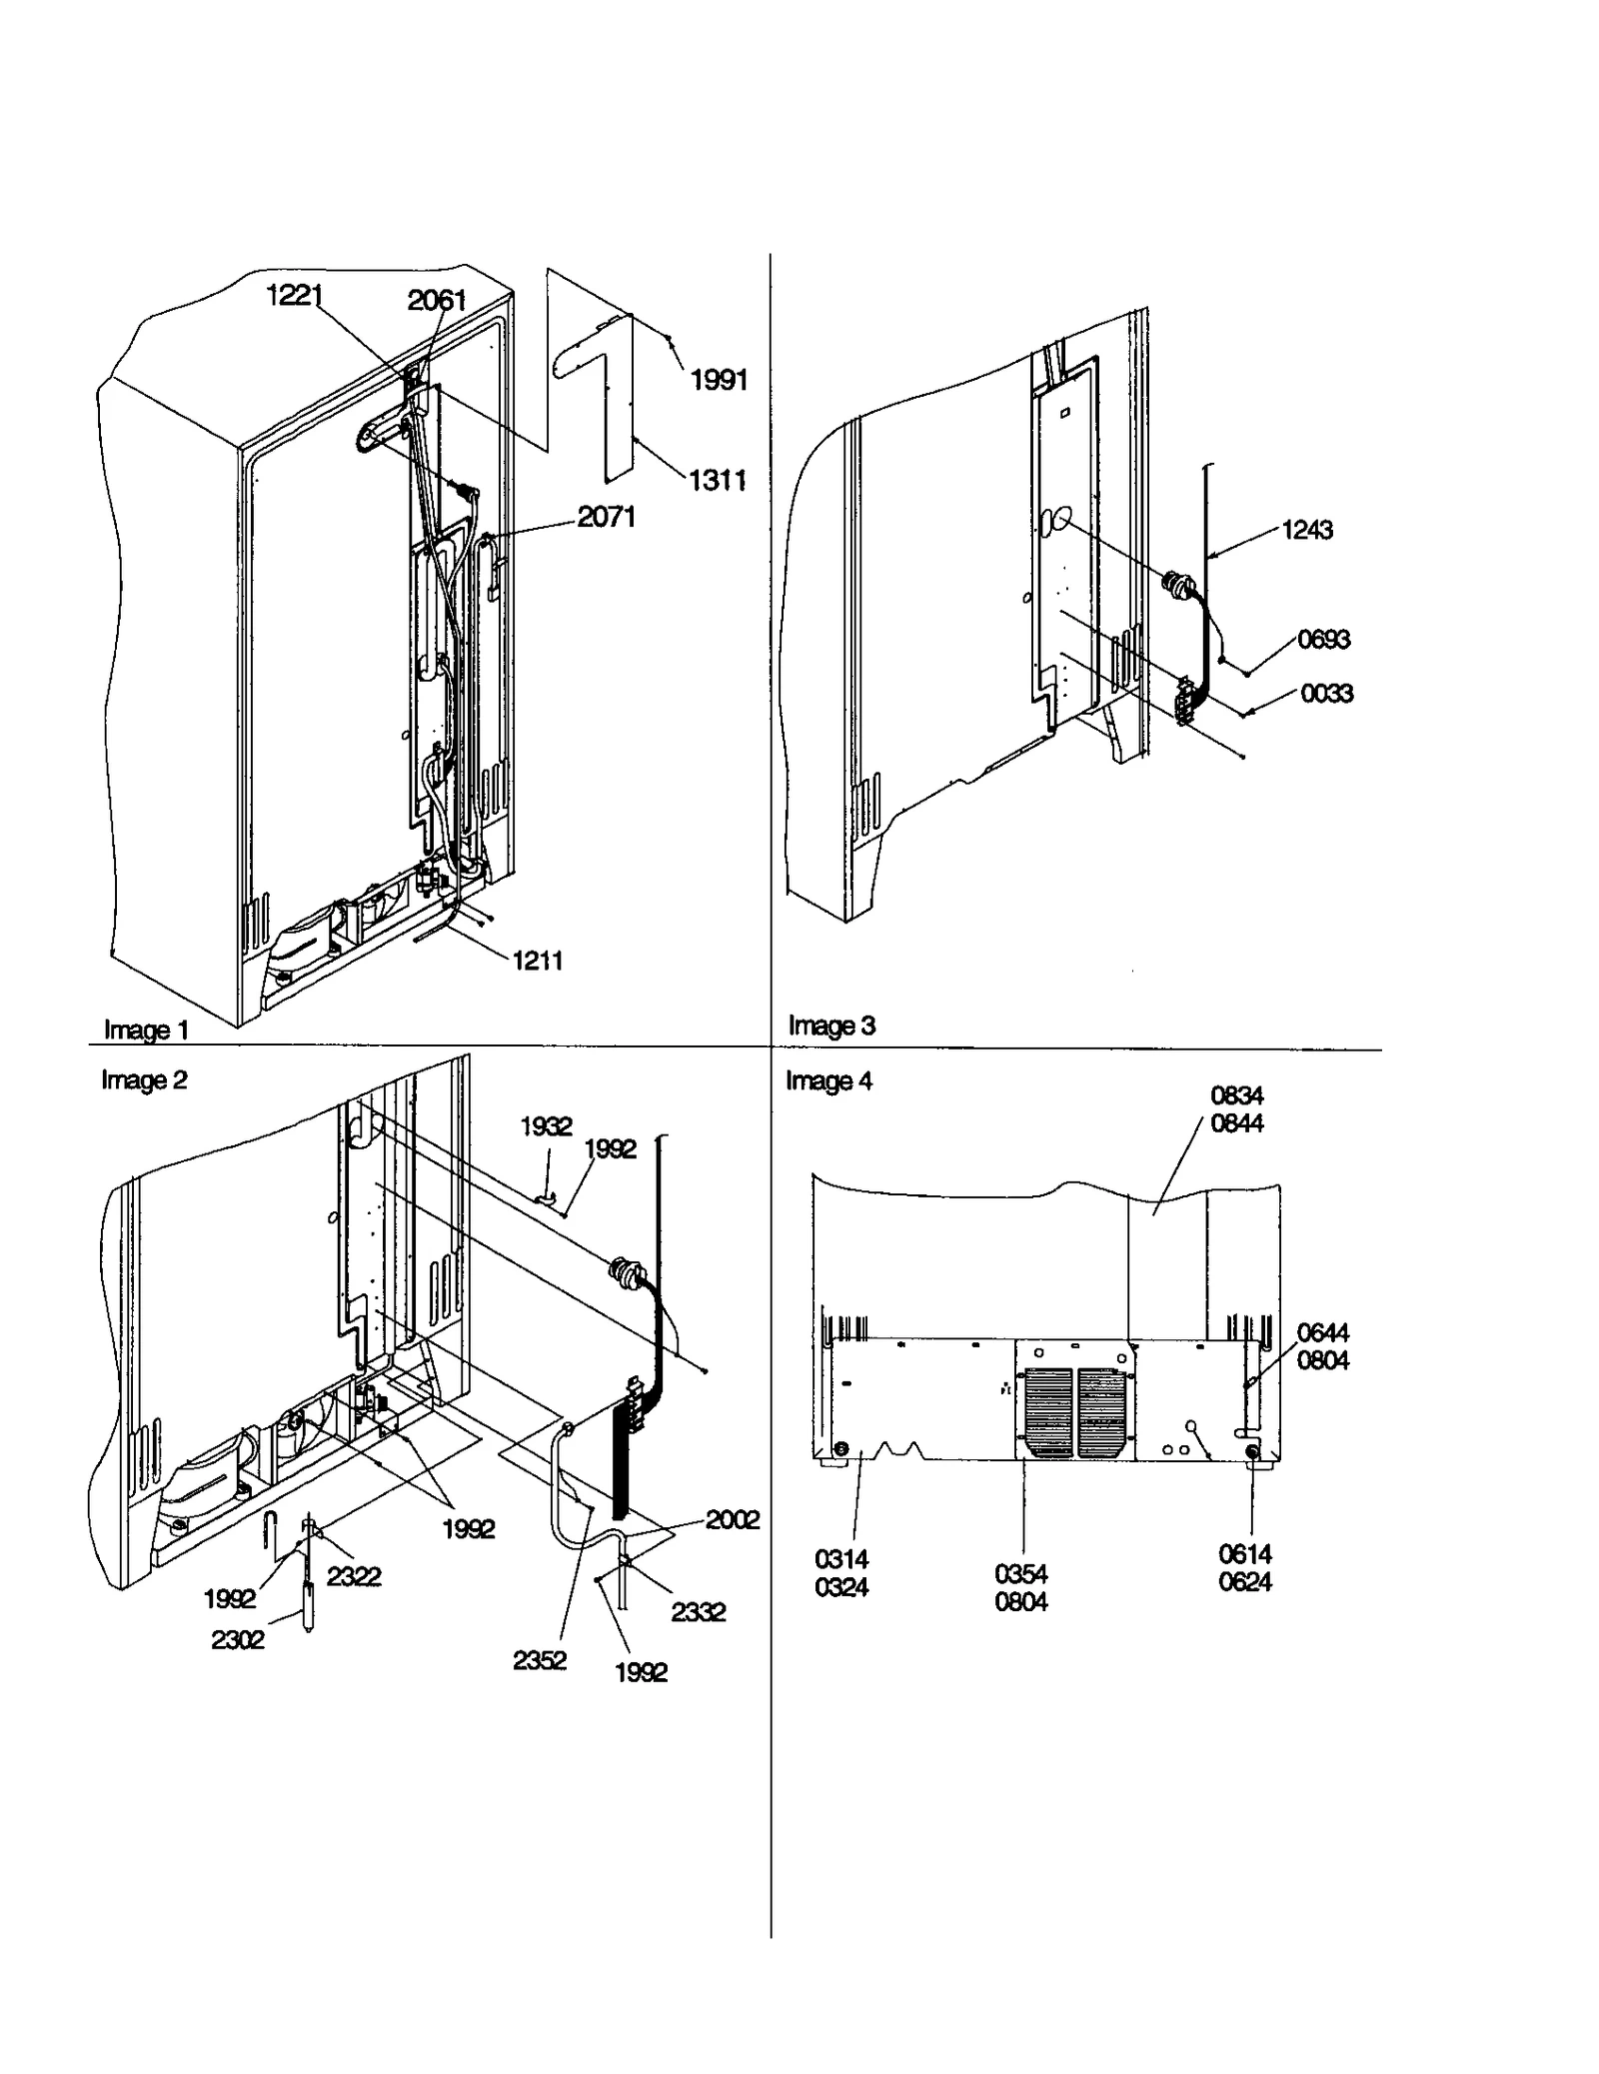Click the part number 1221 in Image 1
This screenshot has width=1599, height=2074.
pos(294,296)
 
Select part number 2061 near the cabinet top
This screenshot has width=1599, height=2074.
pos(437,300)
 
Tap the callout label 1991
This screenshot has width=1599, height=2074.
pos(719,380)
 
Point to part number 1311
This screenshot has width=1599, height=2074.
pos(717,481)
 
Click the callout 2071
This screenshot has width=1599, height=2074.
pos(606,517)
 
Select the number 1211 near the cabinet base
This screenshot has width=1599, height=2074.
pos(537,961)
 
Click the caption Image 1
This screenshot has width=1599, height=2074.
pos(146,1030)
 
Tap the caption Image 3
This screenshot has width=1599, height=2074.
pos(831,1026)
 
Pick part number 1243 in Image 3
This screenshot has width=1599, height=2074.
pos(1306,530)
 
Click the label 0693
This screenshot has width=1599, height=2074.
pos(1323,639)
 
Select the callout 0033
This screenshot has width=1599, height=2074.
pos(1326,693)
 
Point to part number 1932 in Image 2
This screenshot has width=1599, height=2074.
pos(546,1126)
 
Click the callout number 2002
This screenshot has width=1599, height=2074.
pos(732,1519)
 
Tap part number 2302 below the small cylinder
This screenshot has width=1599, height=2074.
pos(237,1639)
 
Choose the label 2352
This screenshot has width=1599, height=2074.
pos(539,1660)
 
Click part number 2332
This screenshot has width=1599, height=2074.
pos(698,1611)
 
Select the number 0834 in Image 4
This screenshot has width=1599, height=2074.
pos(1236,1095)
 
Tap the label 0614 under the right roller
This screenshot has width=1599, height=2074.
pos(1244,1554)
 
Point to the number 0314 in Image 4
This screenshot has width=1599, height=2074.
pos(841,1559)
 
